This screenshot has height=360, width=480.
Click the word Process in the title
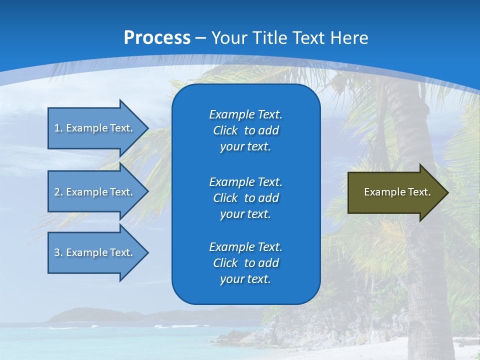pos(157,38)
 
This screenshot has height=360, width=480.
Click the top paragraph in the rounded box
pos(245,130)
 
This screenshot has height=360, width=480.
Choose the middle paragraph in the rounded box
pos(245,198)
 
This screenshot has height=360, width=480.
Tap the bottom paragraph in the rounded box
pos(245,263)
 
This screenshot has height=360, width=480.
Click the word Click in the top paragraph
pos(225,130)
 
